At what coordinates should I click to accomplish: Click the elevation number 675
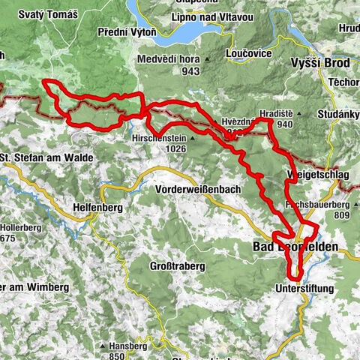pyautogui.click(x=9, y=238)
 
